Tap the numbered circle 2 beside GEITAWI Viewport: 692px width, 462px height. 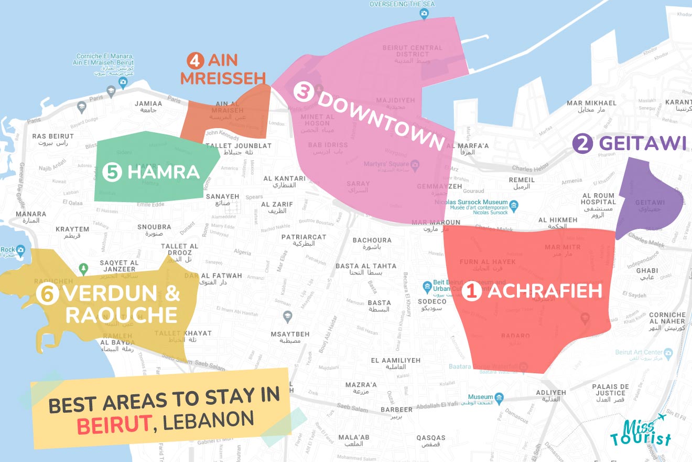tap(581, 144)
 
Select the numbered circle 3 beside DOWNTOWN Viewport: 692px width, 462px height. tap(303, 91)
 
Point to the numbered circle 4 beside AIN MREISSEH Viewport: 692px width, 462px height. tap(194, 61)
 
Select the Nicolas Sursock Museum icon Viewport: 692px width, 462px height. tap(514, 205)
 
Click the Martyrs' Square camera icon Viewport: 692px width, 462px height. tap(415, 165)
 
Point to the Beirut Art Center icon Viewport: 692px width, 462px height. tap(667, 352)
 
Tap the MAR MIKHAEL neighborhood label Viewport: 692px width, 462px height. tap(591, 103)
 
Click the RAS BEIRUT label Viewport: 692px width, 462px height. tap(53, 136)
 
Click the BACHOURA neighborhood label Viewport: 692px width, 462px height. tap(372, 240)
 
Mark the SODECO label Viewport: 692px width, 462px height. tap(433, 302)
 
